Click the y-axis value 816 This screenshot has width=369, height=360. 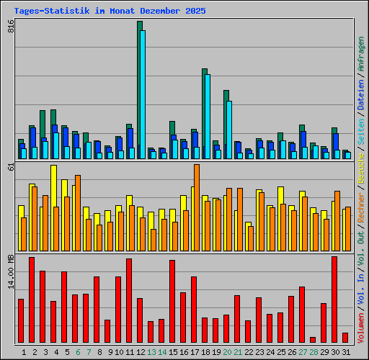click(x=11, y=26)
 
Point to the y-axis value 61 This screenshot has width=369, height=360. click(x=11, y=166)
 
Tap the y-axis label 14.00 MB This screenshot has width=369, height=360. click(x=11, y=269)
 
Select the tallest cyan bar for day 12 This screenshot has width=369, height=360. click(x=143, y=94)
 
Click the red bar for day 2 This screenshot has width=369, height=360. click(x=32, y=300)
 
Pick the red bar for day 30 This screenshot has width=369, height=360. click(x=334, y=300)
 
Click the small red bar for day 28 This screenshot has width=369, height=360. click(x=313, y=340)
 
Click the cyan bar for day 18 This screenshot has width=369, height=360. click(x=208, y=116)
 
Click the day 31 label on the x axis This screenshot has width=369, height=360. click(x=345, y=352)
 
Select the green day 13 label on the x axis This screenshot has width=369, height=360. click(x=151, y=352)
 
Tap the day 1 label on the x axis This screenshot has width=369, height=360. click(x=24, y=352)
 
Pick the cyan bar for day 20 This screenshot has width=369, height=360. click(x=229, y=130)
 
